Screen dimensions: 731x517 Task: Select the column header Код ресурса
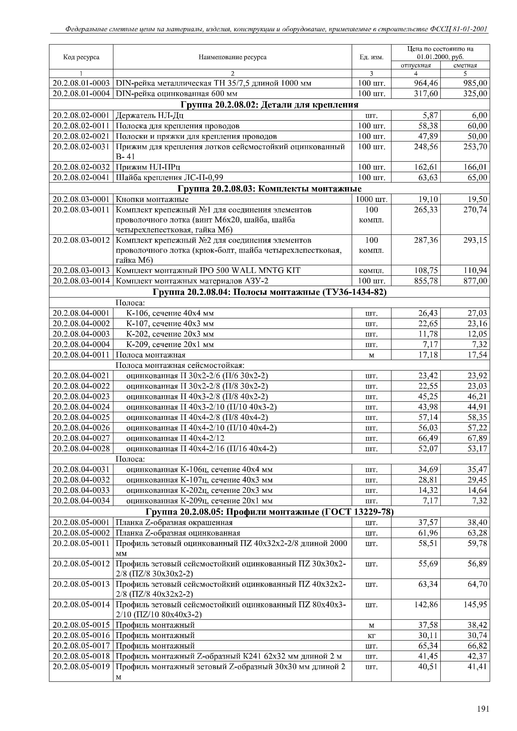click(81, 57)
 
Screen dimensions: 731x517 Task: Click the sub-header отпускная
click(415, 65)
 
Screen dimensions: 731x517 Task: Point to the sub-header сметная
click(465, 65)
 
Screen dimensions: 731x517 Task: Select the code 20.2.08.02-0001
click(81, 115)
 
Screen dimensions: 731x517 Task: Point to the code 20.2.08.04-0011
click(81, 355)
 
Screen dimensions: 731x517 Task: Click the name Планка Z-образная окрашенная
click(174, 522)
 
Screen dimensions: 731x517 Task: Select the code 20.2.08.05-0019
click(81, 666)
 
